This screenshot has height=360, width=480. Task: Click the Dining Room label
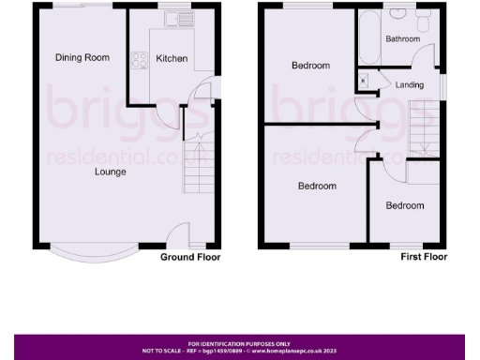pyautogui.click(x=82, y=58)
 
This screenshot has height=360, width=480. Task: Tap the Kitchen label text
pyautogui.click(x=172, y=59)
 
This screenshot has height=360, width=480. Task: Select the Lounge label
pyautogui.click(x=110, y=172)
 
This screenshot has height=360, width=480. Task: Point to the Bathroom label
pyautogui.click(x=401, y=38)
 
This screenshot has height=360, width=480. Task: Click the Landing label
pyautogui.click(x=410, y=85)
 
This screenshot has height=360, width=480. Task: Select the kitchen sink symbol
pyautogui.click(x=175, y=19)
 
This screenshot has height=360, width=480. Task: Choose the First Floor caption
pyautogui.click(x=424, y=257)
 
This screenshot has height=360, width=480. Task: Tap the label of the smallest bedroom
pyautogui.click(x=405, y=206)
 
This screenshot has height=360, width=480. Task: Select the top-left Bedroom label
pyautogui.click(x=310, y=66)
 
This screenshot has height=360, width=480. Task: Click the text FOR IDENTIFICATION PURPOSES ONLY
pyautogui.click(x=240, y=344)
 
